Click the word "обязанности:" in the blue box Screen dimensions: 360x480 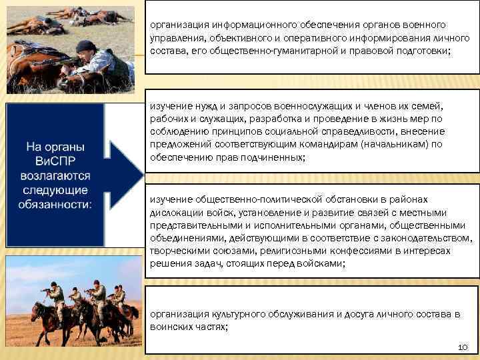[x=59, y=203]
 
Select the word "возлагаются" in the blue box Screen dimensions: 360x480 [x=59, y=175]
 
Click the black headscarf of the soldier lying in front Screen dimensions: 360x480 [x=85, y=46]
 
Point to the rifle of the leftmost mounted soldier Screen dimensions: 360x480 [x=48, y=290]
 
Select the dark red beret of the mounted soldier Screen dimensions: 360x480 [x=98, y=283]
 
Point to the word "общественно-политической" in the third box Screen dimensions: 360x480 [x=250, y=199]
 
